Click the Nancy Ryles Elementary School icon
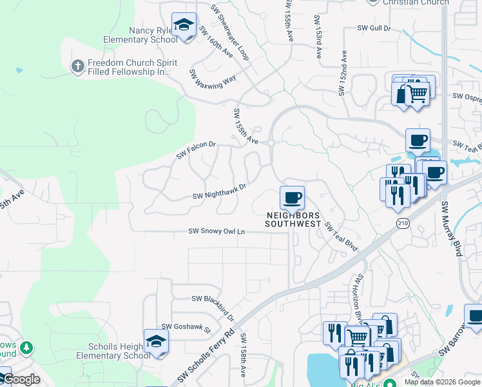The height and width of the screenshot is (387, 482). [x=184, y=26]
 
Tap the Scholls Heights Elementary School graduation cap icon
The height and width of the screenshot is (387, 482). [x=156, y=341]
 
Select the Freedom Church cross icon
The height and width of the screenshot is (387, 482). [x=77, y=66]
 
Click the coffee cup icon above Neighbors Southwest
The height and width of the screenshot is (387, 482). [x=292, y=197]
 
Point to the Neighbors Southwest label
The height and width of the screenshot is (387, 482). [x=293, y=219]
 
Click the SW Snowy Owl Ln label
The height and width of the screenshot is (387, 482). [x=217, y=231]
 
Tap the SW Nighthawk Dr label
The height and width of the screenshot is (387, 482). [x=220, y=192]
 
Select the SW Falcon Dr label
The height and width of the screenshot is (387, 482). [x=196, y=151]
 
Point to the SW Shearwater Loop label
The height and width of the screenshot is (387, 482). [x=229, y=34]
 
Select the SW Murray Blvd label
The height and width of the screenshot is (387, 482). [x=451, y=228]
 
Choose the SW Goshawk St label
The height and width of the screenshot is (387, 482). [x=186, y=328]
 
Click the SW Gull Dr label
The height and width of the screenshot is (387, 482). [x=374, y=28]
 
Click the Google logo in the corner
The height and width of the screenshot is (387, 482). [x=21, y=379]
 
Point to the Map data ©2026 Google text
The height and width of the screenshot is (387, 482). [x=442, y=382]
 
